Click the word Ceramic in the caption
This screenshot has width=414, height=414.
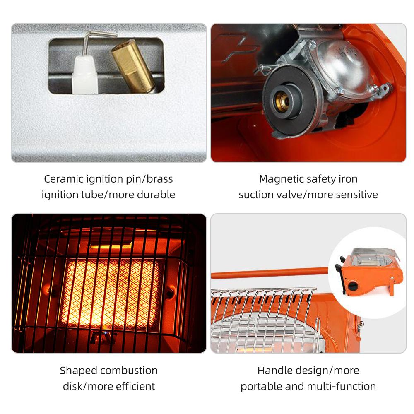[x=63, y=179]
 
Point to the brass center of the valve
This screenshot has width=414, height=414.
[x=283, y=101]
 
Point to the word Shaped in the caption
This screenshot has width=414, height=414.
[x=78, y=371]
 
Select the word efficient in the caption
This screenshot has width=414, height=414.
[x=132, y=386]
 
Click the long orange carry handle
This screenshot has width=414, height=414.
[x=269, y=273]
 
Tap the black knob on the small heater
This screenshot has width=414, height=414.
[x=353, y=286]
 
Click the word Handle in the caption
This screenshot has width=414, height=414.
[x=274, y=371]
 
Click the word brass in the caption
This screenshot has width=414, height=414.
[x=159, y=179]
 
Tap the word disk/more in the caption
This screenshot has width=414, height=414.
[x=84, y=386]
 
